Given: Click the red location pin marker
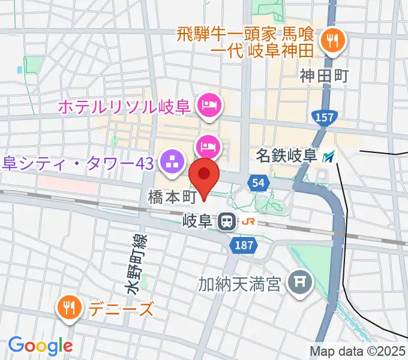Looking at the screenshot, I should (204, 175).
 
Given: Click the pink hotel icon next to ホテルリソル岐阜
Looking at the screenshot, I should (210, 107).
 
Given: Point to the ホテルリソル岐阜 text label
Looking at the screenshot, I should (124, 108).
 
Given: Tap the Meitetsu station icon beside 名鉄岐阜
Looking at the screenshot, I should (328, 157).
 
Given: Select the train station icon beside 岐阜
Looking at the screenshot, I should (226, 222).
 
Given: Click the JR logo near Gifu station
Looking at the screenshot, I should (248, 222).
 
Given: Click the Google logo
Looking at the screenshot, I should (40, 346).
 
